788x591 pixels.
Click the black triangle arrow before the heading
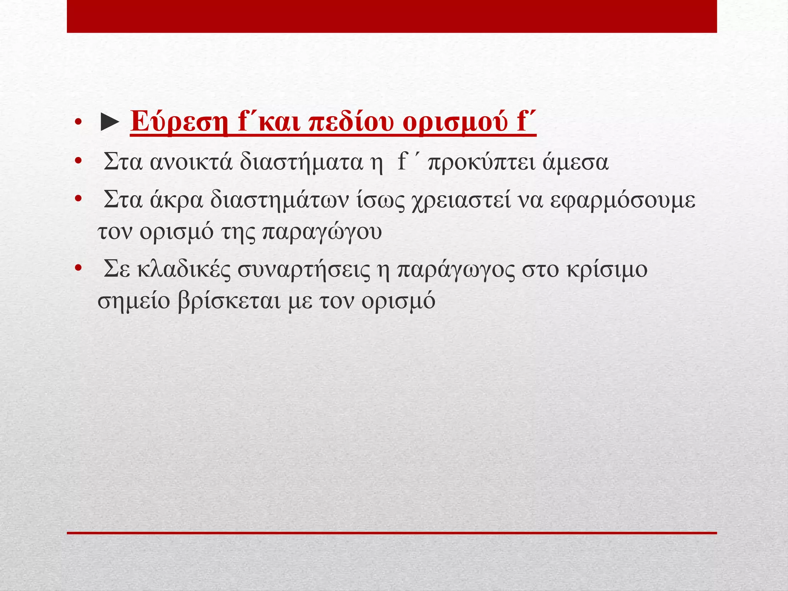pyautogui.click(x=109, y=122)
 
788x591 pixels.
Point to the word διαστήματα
pyautogui.click(x=301, y=162)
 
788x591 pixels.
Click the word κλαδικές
pyautogui.click(x=184, y=269)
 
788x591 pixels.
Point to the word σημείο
pyautogui.click(x=134, y=301)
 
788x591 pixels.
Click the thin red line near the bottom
pyautogui.click(x=392, y=533)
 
